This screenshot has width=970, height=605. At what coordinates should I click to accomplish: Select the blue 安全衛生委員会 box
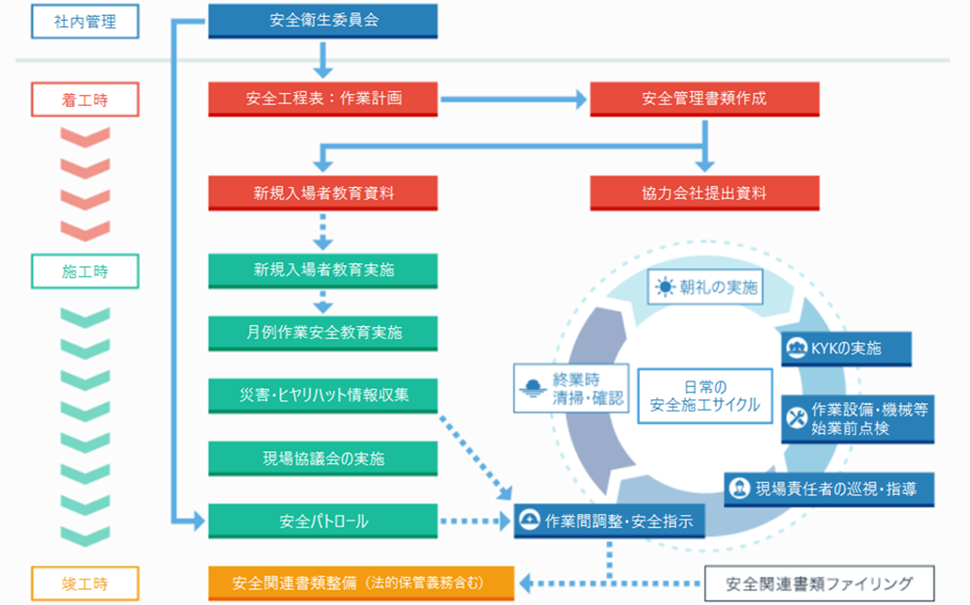pos(323,21)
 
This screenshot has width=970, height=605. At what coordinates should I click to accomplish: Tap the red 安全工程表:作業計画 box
pos(323,99)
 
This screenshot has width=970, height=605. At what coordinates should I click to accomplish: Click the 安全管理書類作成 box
pos(705,99)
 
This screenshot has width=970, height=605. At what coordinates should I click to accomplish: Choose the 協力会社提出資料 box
pos(705,193)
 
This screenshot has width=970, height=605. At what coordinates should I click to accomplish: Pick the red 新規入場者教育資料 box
pos(323,193)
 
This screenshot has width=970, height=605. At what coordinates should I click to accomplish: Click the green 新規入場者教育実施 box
pos(323,271)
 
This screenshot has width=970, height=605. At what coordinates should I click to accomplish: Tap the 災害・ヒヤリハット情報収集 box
pos(323,395)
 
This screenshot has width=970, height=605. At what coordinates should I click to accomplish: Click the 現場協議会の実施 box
pos(323,458)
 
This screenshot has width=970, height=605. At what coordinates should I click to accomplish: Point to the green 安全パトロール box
pos(323,520)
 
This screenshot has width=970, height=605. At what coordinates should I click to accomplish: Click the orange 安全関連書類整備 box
pos(361,582)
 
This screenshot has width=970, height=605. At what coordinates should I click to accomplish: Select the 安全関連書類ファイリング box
pos(821,582)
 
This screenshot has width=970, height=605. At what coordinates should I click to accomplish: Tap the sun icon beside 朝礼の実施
pos(665,287)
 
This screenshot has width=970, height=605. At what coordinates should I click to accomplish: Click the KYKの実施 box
pos(846,349)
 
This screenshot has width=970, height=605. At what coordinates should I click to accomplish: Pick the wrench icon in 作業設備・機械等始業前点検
pos(796,418)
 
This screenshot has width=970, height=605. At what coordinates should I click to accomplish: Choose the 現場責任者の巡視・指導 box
pos(830,489)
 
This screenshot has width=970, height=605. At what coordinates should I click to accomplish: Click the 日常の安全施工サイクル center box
pos(704,396)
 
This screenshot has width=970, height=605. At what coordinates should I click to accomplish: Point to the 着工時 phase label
pos(86,99)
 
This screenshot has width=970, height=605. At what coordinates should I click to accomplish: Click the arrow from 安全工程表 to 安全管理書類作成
pos(512,99)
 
